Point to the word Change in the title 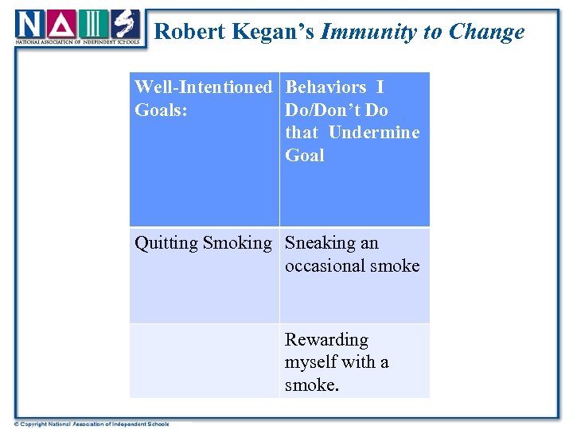point(486,32)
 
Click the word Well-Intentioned point(203,87)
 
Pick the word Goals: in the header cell point(162,110)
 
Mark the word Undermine point(373,133)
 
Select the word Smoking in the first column point(237,243)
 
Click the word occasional point(326,265)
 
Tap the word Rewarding point(326,340)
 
